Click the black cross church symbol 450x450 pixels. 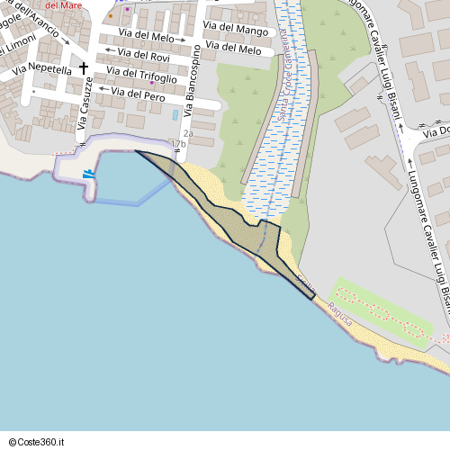(x=84, y=68)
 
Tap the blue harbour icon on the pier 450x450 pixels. (x=88, y=174)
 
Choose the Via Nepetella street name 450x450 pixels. (x=50, y=68)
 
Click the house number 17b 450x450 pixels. (x=178, y=143)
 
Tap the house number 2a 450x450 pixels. (x=188, y=133)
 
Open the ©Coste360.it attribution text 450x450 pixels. (x=42, y=441)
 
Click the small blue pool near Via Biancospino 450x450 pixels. (x=175, y=115)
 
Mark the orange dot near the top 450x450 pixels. (x=111, y=15)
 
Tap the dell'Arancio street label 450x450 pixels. (x=38, y=23)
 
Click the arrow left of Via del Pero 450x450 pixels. (x=103, y=88)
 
